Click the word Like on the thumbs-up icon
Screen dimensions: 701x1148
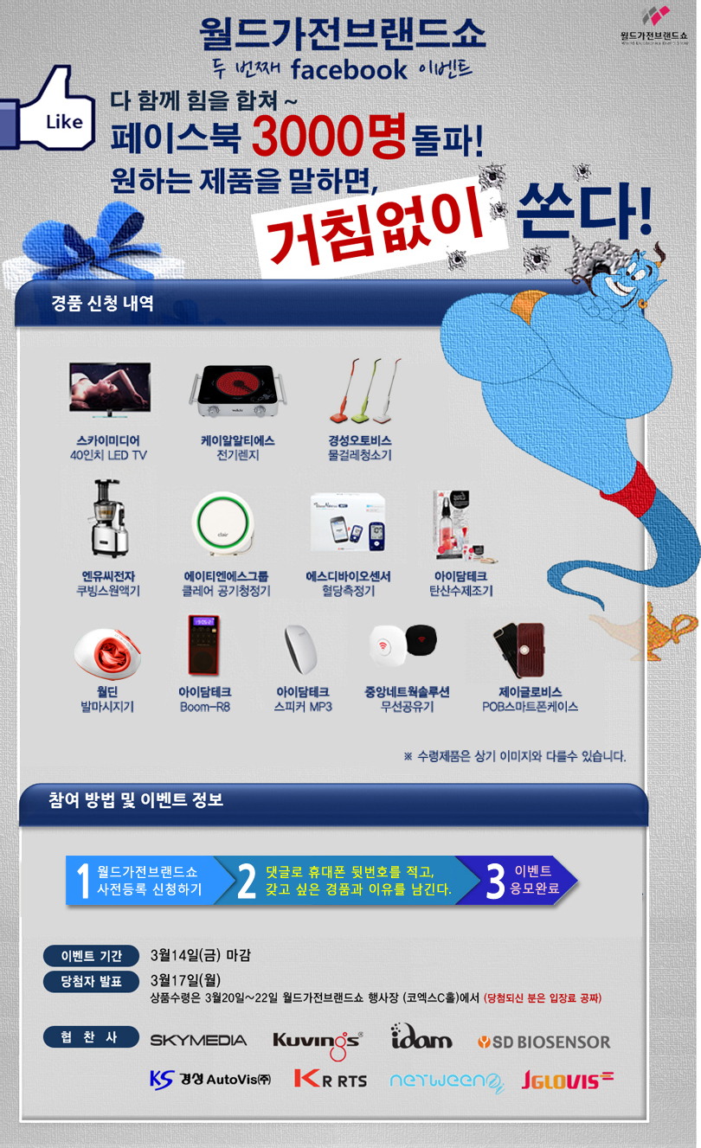click(x=64, y=122)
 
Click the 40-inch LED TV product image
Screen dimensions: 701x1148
click(x=110, y=388)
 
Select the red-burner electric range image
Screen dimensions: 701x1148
click(x=237, y=390)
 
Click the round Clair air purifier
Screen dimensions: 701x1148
click(x=223, y=523)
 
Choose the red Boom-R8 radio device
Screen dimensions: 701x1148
click(x=203, y=645)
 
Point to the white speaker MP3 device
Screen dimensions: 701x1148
click(x=301, y=649)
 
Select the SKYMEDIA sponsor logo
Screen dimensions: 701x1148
click(x=198, y=1040)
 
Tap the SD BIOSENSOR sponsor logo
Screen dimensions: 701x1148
click(x=544, y=1042)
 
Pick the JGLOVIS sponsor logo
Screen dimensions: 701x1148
click(x=568, y=1080)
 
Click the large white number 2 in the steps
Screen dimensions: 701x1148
click(x=247, y=882)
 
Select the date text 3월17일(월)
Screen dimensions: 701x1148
click(x=185, y=979)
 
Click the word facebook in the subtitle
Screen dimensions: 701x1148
click(x=350, y=69)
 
